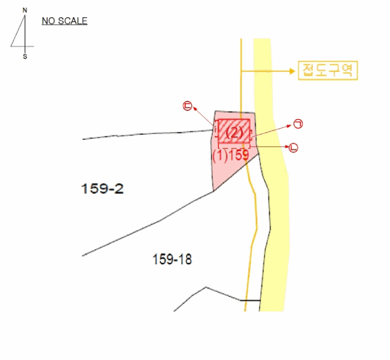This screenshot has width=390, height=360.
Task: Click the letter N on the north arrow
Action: (x=25, y=11)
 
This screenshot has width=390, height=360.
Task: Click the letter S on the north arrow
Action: (x=25, y=57)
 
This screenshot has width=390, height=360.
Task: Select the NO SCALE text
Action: (x=65, y=21)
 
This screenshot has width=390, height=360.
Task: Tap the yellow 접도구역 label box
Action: (x=328, y=70)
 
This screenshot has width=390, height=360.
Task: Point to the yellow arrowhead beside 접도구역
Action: (x=292, y=71)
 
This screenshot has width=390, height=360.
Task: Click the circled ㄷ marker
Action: (x=187, y=106)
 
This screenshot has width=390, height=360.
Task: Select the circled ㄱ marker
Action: (x=298, y=124)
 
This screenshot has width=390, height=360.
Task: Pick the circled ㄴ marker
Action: (x=294, y=148)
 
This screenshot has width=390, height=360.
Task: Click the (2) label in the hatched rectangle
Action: (x=235, y=133)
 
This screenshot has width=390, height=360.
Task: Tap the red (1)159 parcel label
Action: (x=231, y=155)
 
